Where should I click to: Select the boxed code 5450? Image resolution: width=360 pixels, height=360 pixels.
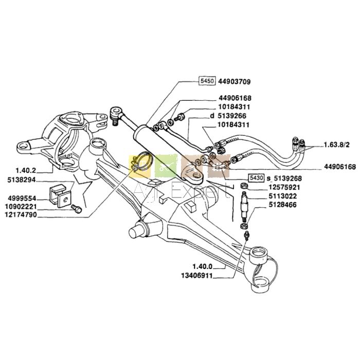(x=207, y=82)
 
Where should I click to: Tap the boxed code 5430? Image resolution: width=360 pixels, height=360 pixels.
(x=256, y=177)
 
